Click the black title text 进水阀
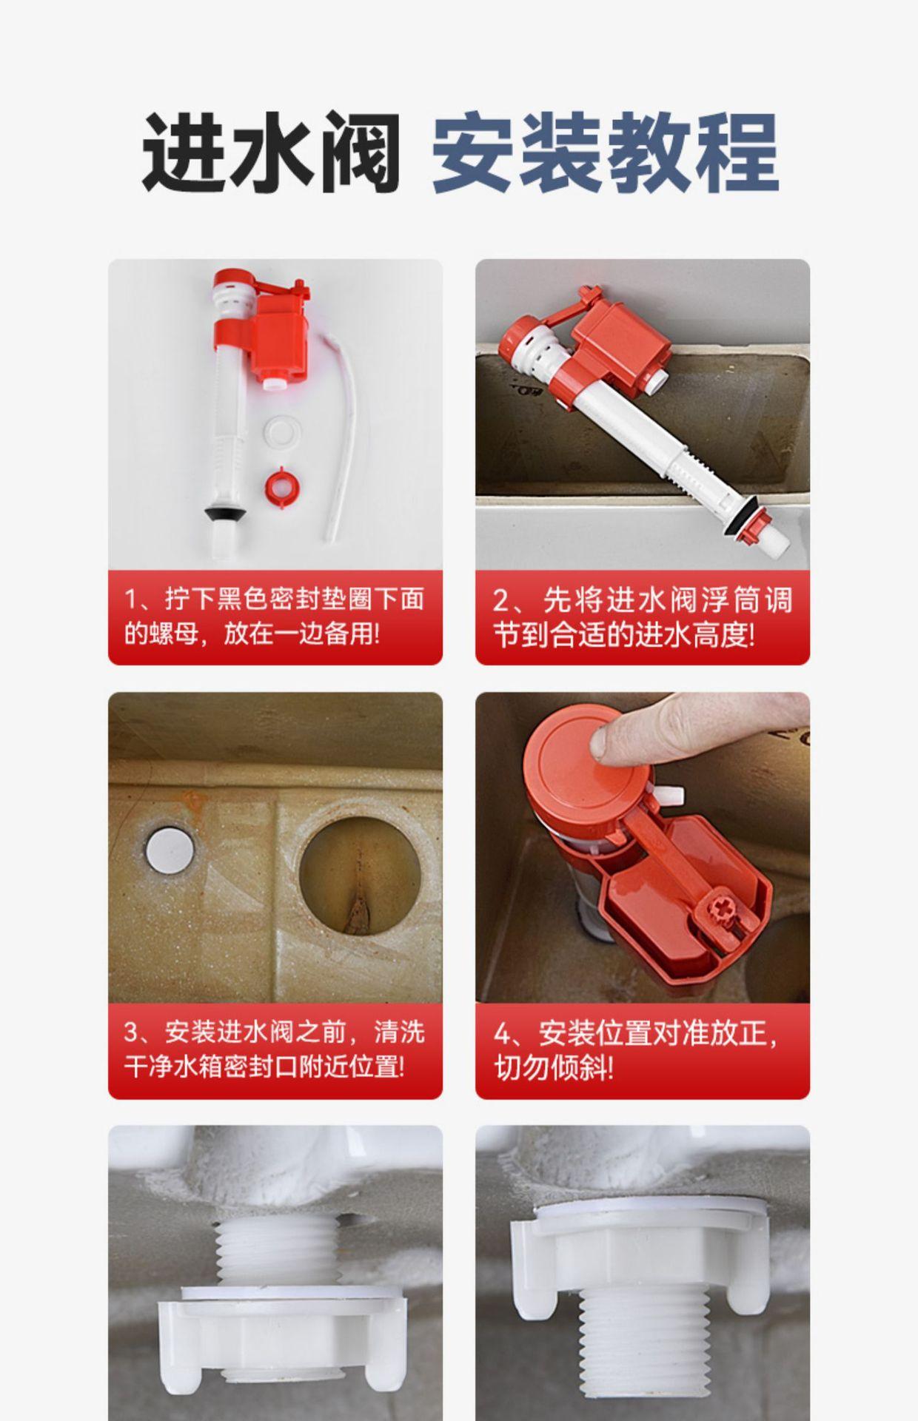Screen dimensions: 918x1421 [x=271, y=152]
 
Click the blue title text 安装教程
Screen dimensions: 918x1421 [x=605, y=152]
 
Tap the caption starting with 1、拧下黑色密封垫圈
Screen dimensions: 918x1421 [x=274, y=617]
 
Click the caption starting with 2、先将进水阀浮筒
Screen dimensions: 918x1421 [x=642, y=617]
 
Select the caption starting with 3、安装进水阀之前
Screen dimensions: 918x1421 [x=274, y=1050]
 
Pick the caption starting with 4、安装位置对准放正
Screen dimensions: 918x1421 [x=636, y=1050]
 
